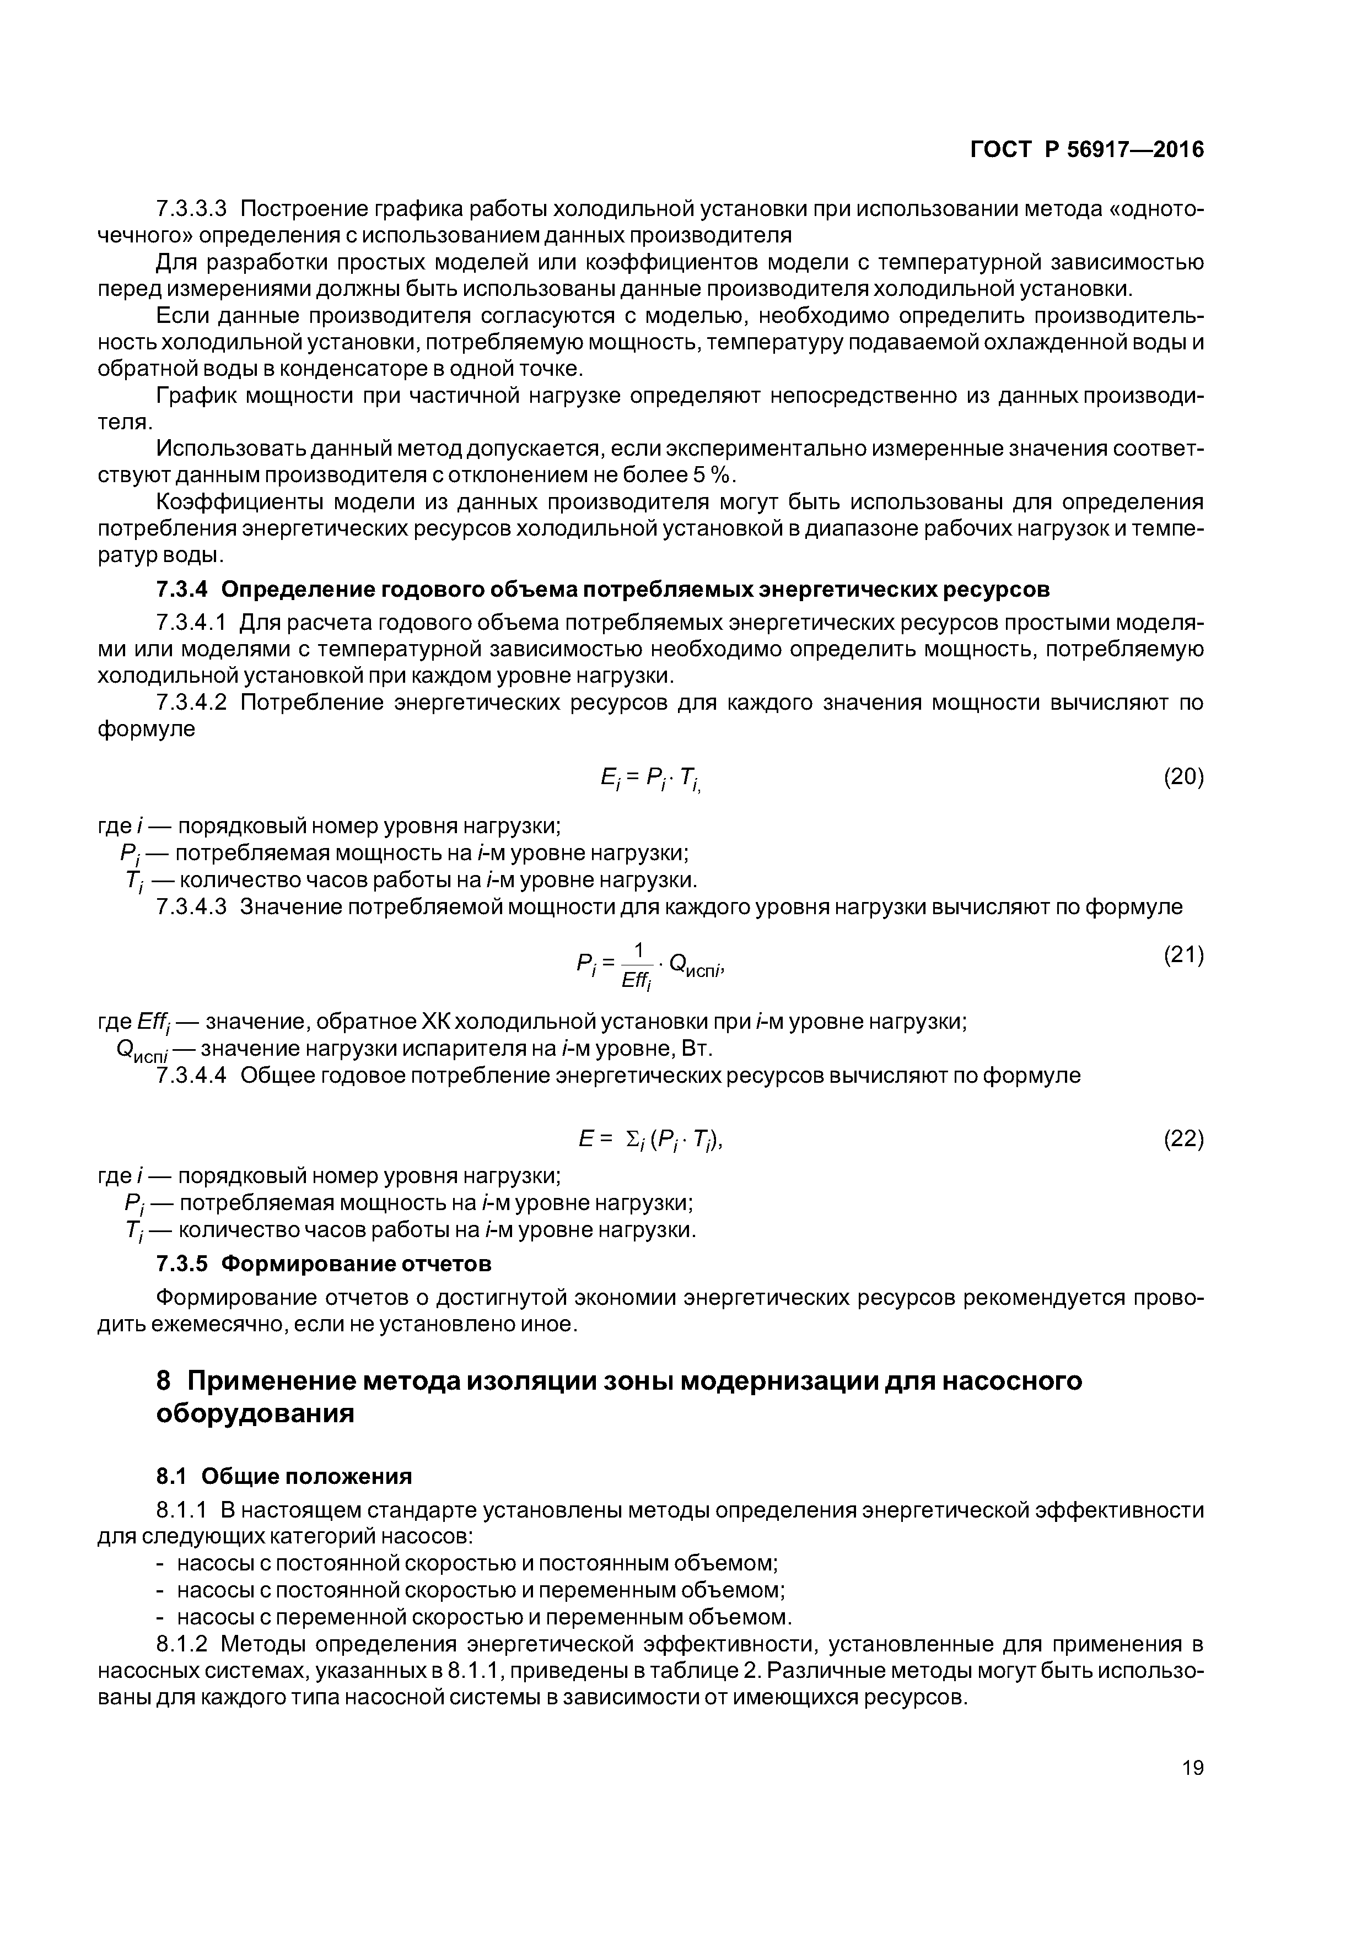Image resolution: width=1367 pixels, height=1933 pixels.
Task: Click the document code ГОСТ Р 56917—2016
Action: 1086,150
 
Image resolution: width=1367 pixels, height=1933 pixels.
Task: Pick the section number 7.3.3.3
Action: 191,208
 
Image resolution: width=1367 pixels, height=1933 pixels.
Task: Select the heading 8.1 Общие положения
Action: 284,1476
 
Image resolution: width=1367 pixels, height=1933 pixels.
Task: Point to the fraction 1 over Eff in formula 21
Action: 638,965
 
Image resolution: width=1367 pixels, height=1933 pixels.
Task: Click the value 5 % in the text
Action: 712,476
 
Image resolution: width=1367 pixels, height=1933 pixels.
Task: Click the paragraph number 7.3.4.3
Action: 191,907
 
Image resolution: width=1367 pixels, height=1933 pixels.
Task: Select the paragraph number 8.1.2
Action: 181,1644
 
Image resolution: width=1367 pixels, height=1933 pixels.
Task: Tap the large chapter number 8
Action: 164,1381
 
